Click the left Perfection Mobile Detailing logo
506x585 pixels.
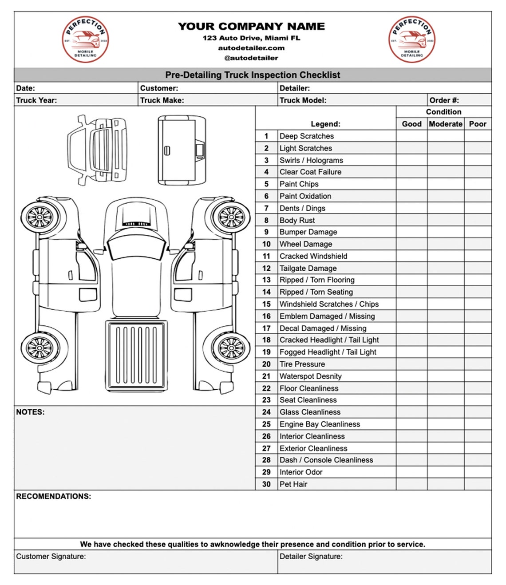[x=85, y=40]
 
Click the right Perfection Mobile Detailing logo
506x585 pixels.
[x=412, y=40]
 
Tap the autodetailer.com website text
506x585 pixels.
[x=251, y=48]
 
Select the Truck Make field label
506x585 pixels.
[x=162, y=100]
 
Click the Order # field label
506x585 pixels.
[x=444, y=100]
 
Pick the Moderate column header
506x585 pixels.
[x=445, y=124]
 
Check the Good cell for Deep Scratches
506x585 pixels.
[x=411, y=136]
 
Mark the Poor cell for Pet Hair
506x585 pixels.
[x=478, y=484]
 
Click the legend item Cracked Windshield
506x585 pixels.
[x=313, y=256]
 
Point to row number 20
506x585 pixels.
[x=266, y=364]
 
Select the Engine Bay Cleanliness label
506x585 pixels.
[x=320, y=424]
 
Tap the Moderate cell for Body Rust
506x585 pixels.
[x=445, y=220]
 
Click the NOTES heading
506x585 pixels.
[x=30, y=412]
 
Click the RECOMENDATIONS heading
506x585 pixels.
[x=53, y=496]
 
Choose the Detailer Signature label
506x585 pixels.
[x=311, y=556]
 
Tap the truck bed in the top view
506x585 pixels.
[x=137, y=354]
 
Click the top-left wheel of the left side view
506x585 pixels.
[x=40, y=217]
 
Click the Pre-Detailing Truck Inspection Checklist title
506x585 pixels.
[x=253, y=75]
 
